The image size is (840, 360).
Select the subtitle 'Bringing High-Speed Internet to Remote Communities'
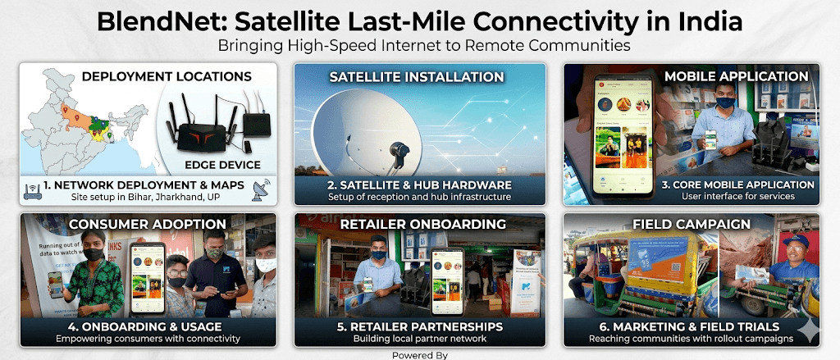419,46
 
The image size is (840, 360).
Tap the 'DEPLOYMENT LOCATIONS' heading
167,76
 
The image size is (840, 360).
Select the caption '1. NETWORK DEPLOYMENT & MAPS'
144,185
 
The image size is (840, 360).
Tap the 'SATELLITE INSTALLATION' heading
417,76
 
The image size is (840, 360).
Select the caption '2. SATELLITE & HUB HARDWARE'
419,185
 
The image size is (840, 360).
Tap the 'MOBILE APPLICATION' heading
736,76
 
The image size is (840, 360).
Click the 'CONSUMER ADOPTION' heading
148,224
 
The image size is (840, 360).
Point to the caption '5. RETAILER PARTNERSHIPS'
419,326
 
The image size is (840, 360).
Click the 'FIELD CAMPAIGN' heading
691,224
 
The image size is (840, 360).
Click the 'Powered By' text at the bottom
419,355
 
